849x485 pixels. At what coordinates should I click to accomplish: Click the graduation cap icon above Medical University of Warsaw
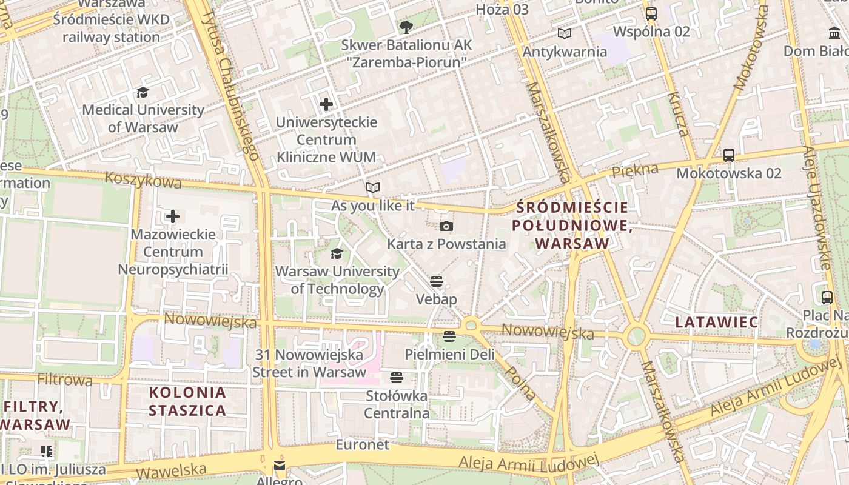143,92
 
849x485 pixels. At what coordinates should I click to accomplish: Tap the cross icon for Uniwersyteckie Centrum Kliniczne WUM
326,104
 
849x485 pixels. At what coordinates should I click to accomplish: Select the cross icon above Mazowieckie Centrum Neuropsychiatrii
173,216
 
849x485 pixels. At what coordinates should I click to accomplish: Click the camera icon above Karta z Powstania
446,227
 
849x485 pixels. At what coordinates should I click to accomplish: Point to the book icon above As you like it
373,188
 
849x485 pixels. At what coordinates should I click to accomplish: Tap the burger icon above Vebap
437,281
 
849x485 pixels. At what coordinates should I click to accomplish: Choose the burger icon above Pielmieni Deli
449,336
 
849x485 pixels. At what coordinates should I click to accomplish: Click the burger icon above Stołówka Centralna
397,378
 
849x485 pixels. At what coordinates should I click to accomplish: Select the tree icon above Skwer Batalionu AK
406,27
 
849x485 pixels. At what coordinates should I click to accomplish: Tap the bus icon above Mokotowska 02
729,155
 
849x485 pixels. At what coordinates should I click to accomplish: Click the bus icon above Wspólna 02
651,13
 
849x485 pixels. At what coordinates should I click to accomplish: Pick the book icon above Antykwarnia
565,34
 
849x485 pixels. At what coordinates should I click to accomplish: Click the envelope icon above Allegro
279,466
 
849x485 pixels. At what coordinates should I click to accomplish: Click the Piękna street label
635,171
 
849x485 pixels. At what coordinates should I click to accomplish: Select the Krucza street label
678,115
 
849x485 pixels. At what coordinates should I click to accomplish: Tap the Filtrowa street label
65,380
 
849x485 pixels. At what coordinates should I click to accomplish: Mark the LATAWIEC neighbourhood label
717,322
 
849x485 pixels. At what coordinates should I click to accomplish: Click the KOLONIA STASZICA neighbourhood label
187,401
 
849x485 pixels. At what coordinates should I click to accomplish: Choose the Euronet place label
363,444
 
